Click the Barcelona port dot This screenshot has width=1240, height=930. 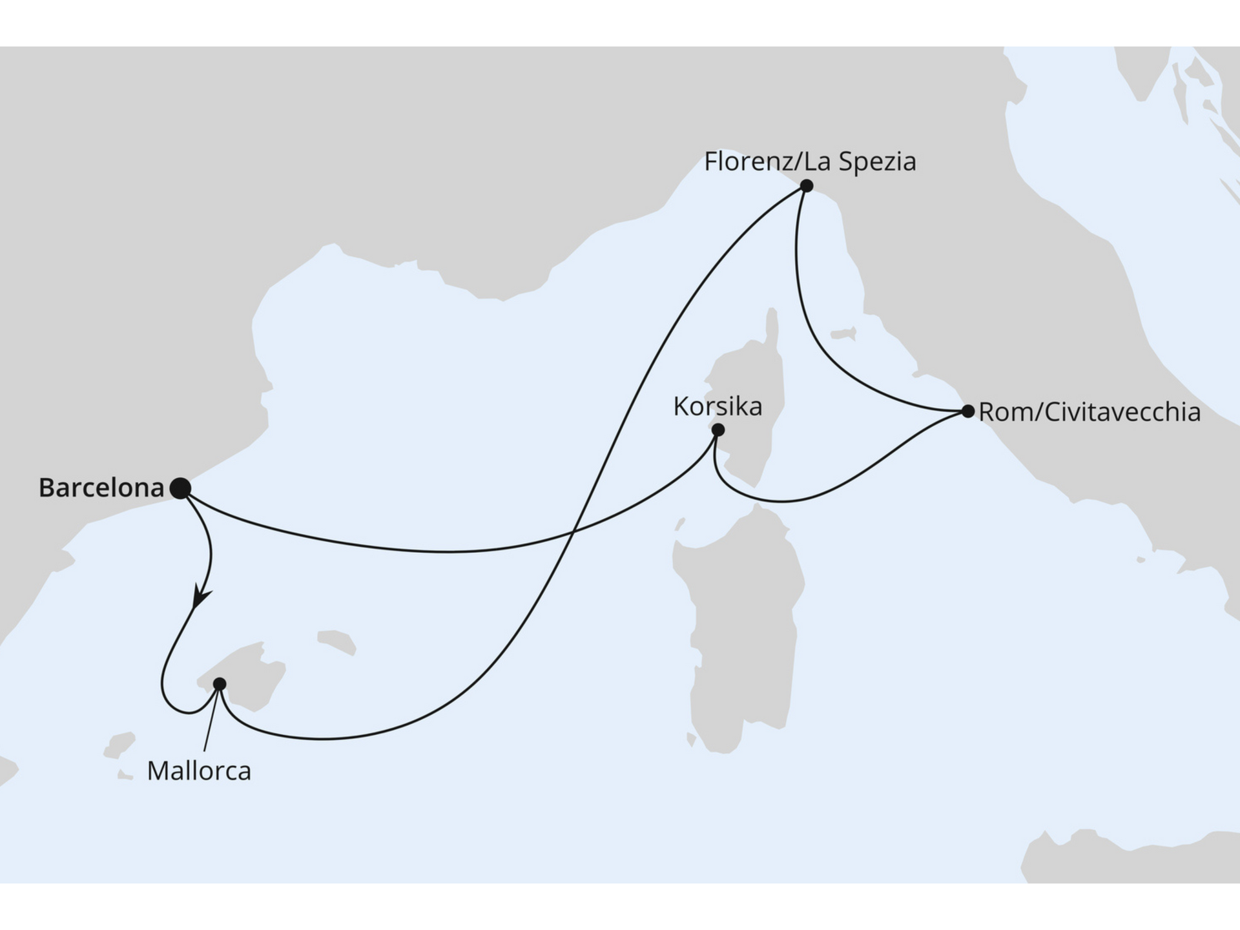coord(180,488)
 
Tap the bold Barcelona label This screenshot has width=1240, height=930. coord(101,488)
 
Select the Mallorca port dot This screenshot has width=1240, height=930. coord(220,683)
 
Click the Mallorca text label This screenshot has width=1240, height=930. coord(199,771)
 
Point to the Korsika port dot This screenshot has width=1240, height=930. coord(718,429)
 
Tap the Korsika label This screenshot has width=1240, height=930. coord(718,407)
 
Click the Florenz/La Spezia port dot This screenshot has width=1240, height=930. coord(806,186)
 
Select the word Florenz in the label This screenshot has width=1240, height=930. coord(748,161)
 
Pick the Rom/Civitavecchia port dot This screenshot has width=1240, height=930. coord(967,411)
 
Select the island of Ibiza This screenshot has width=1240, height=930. coord(119,745)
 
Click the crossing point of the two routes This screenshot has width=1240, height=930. coord(574,533)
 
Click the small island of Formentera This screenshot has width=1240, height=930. coord(125,774)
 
